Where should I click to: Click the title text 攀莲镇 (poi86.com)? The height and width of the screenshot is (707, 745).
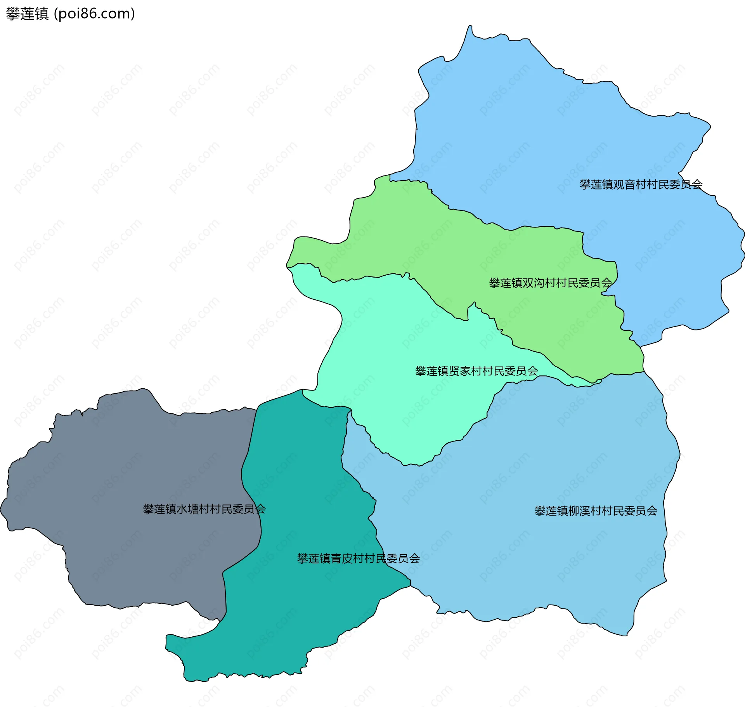coord(70,14)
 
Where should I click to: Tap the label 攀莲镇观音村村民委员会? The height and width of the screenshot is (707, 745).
coord(641,184)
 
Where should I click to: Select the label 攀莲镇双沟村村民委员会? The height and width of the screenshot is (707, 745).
coord(550,283)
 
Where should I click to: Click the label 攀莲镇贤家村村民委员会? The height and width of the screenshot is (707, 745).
coord(476,371)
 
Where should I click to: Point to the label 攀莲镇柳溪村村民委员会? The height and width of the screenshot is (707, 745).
coord(596,511)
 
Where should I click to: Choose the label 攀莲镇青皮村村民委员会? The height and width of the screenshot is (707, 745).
coord(358,559)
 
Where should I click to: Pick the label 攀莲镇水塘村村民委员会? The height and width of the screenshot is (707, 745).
coord(204,509)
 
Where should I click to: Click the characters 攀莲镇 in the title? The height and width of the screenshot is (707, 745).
coord(27,14)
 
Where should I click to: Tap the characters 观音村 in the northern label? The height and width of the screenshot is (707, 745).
coord(630,184)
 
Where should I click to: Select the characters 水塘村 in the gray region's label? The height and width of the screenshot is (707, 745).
coord(193,509)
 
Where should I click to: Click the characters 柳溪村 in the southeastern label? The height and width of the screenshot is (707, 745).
coord(585,511)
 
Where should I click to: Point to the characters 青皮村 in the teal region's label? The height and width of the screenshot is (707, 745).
coord(347,559)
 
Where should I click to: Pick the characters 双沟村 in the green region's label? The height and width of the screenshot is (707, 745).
coord(539,283)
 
